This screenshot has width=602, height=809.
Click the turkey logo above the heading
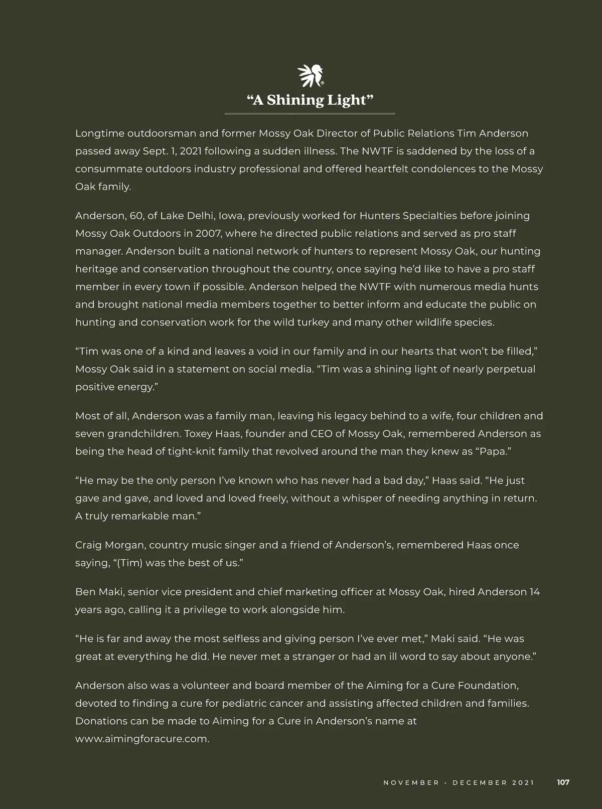[311, 76]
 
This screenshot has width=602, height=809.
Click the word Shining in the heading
[295, 100]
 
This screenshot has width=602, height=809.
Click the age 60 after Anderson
[136, 216]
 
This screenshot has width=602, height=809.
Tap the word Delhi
[200, 216]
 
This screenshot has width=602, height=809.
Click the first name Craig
[88, 545]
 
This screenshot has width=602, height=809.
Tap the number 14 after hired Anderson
[535, 592]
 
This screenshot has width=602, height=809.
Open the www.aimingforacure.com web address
[142, 739]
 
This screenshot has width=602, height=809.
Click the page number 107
[563, 782]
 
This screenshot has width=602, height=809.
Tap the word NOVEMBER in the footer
[411, 782]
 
